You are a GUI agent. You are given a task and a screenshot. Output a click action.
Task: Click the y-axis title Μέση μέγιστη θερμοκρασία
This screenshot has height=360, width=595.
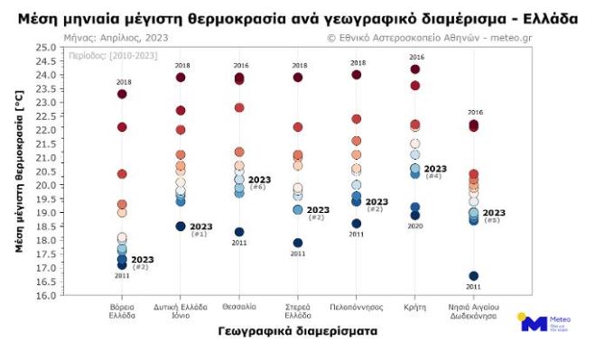pos(19,171)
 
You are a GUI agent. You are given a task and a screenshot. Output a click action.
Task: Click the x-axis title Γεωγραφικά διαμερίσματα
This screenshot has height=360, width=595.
pos(297,331)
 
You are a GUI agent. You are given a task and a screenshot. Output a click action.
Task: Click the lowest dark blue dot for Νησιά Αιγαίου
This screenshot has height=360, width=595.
pos(474,276)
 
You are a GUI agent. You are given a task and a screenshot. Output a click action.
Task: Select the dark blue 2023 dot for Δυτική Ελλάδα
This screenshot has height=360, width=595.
pos(181,226)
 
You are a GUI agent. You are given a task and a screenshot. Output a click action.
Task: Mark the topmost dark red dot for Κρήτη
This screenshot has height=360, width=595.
pos(415,69)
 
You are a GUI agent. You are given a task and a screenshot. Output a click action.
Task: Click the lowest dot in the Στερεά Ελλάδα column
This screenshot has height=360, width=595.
pos(298,243)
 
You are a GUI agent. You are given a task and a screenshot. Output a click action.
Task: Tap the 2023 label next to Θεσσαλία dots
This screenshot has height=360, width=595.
pos(259,180)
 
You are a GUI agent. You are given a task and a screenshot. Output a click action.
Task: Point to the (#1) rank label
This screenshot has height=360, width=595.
pos(200,235)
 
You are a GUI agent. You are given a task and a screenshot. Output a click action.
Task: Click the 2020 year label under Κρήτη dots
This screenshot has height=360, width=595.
pos(415,226)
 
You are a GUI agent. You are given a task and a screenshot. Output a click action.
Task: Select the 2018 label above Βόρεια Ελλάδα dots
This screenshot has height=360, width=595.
pos(123,82)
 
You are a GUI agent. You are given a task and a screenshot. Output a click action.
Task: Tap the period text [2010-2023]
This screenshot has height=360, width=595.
pos(102,55)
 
